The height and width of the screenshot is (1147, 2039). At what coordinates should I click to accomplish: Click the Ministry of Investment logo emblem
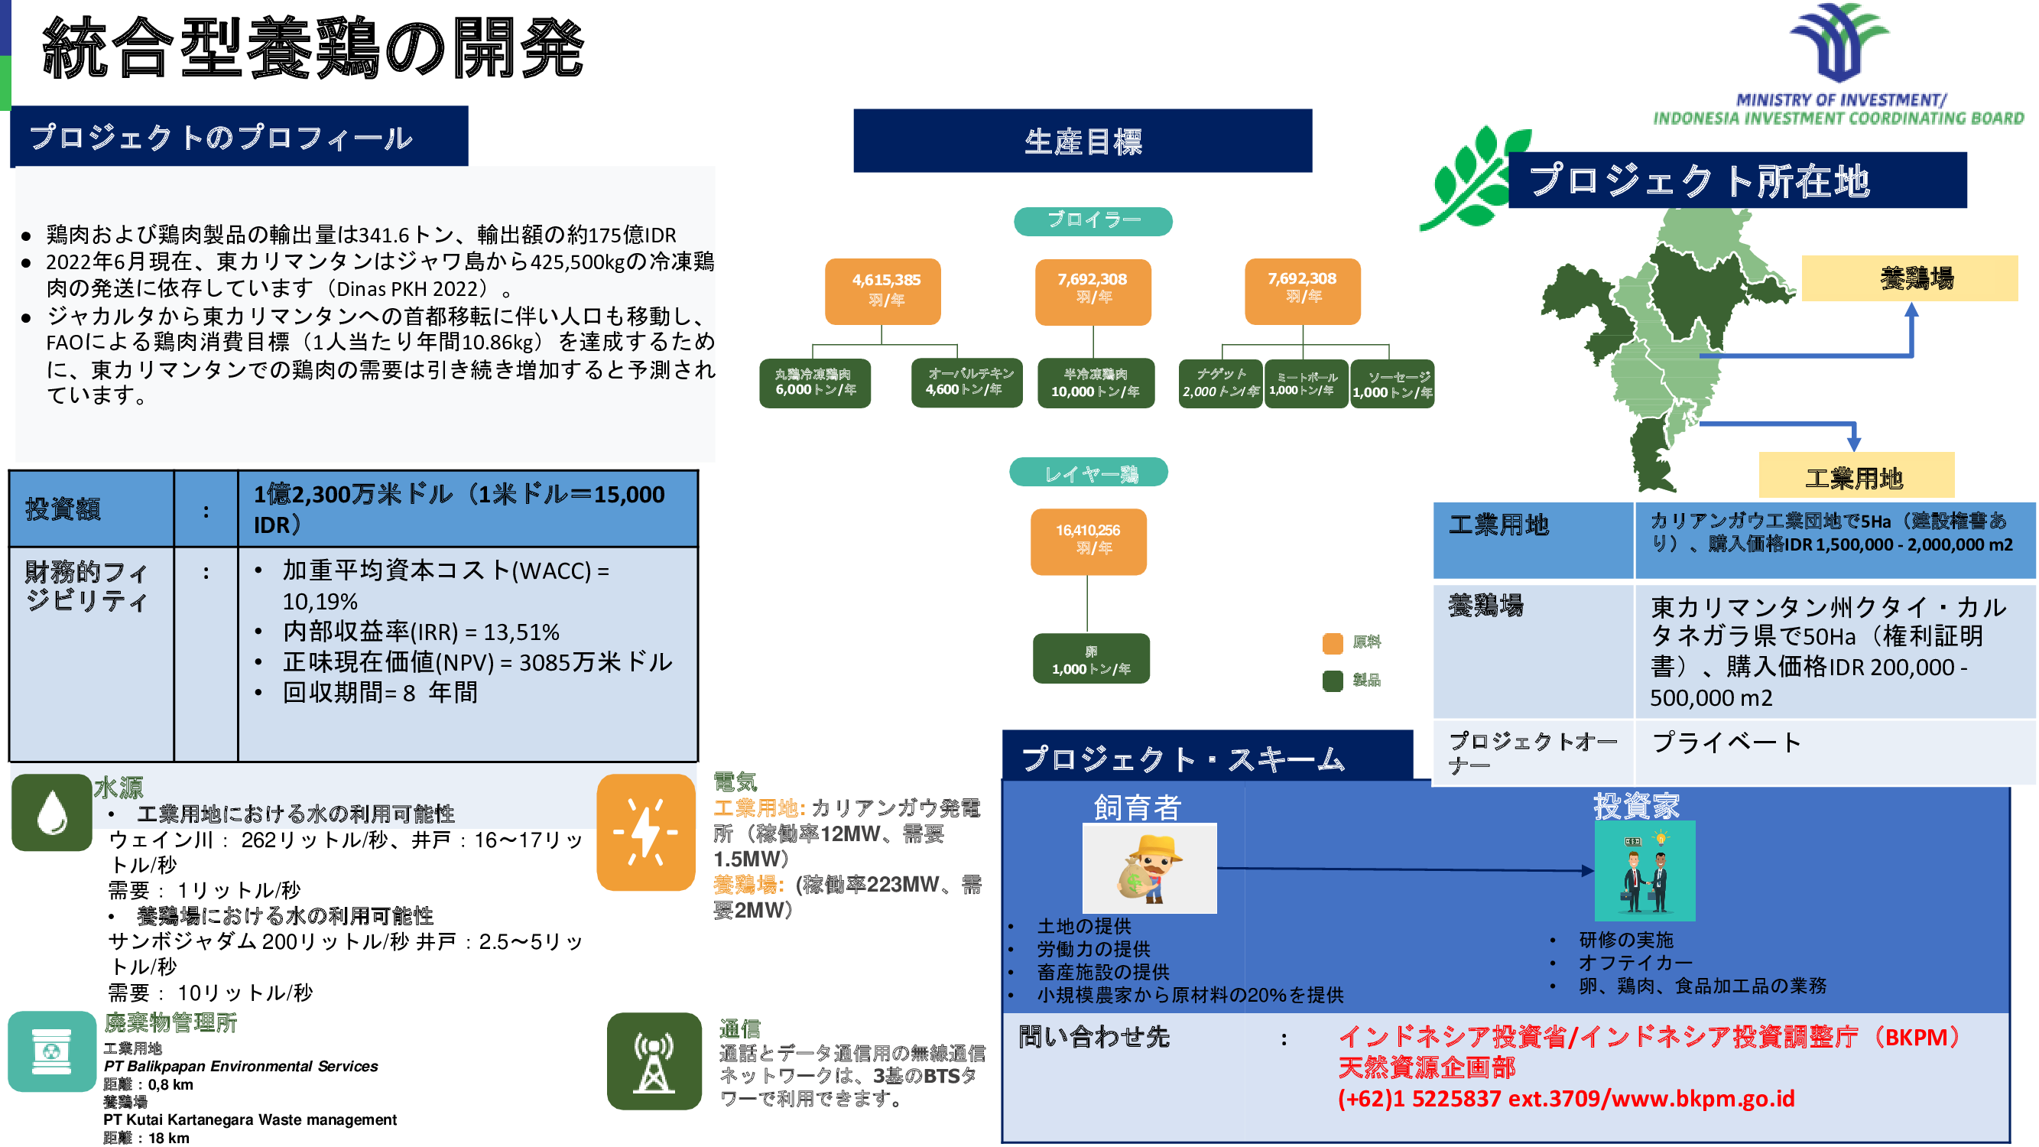(x=1838, y=44)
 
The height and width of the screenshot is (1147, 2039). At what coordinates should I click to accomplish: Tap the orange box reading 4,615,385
(x=882, y=291)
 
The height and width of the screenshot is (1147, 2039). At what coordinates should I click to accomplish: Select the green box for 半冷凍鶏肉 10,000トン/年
(x=1095, y=383)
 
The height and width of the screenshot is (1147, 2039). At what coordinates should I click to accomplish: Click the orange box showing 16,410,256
(x=1088, y=541)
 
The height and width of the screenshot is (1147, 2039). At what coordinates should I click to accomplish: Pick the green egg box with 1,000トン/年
(x=1091, y=658)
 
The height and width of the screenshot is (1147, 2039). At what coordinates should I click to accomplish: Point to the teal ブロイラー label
(x=1093, y=221)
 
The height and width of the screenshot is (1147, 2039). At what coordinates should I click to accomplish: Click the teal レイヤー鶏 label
(x=1089, y=473)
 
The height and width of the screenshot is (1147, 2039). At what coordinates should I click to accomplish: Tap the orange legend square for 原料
(x=1332, y=643)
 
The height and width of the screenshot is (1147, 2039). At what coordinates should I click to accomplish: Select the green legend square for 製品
(x=1332, y=681)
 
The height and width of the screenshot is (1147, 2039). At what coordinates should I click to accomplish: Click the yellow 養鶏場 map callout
(x=1908, y=278)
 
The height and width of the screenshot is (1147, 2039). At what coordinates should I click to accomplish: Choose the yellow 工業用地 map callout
(x=1856, y=476)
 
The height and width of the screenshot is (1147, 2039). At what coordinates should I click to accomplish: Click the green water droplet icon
(x=51, y=812)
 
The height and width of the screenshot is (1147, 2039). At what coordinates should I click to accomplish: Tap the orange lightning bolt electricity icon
(x=645, y=832)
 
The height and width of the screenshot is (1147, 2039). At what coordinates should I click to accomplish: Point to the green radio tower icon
(x=653, y=1061)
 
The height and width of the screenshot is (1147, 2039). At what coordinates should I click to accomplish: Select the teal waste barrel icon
(x=51, y=1051)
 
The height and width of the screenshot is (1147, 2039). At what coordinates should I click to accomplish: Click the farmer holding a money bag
(x=1148, y=869)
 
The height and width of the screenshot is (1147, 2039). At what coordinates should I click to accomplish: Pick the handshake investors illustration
(x=1644, y=870)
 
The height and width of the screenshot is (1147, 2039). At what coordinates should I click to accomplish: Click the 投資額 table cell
(x=91, y=509)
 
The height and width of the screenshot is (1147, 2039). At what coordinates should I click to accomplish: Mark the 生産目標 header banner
(x=1082, y=141)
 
